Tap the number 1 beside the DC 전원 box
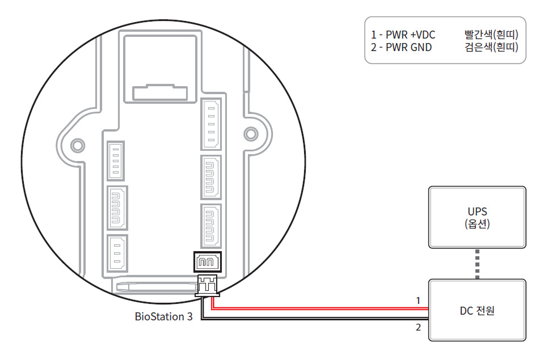(x=418, y=300)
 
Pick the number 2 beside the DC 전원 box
(x=418, y=328)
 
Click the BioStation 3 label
(x=163, y=316)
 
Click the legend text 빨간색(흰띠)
(x=491, y=35)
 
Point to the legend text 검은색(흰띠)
(x=491, y=48)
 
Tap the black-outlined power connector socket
(x=207, y=262)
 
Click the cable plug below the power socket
(x=207, y=286)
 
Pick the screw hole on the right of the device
(x=250, y=134)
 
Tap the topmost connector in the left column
(x=116, y=160)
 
